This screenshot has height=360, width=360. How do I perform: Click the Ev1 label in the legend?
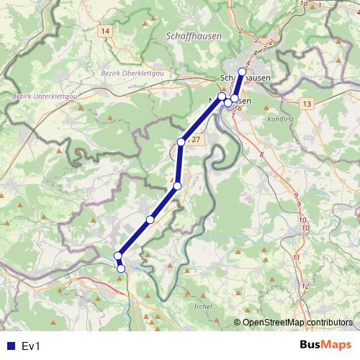(x=31, y=346)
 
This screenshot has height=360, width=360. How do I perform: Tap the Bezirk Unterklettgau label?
(x=45, y=96)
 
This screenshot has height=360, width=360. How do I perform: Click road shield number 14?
(x=106, y=31)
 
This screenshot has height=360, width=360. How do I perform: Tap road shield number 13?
(x=307, y=104)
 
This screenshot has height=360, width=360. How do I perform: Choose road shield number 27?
(x=197, y=138)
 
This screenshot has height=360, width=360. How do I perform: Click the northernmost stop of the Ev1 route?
(x=243, y=72)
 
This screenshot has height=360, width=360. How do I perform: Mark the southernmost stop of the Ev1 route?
(x=121, y=269)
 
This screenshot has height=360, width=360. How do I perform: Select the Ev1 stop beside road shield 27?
(x=181, y=142)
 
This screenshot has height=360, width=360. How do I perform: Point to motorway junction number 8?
(x=261, y=155)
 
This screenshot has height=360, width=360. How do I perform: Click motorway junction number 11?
(x=296, y=257)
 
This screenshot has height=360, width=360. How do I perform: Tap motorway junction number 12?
(x=305, y=287)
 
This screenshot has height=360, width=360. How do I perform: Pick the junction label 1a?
(x=304, y=4)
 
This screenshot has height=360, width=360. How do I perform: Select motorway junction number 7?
(x=233, y=115)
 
